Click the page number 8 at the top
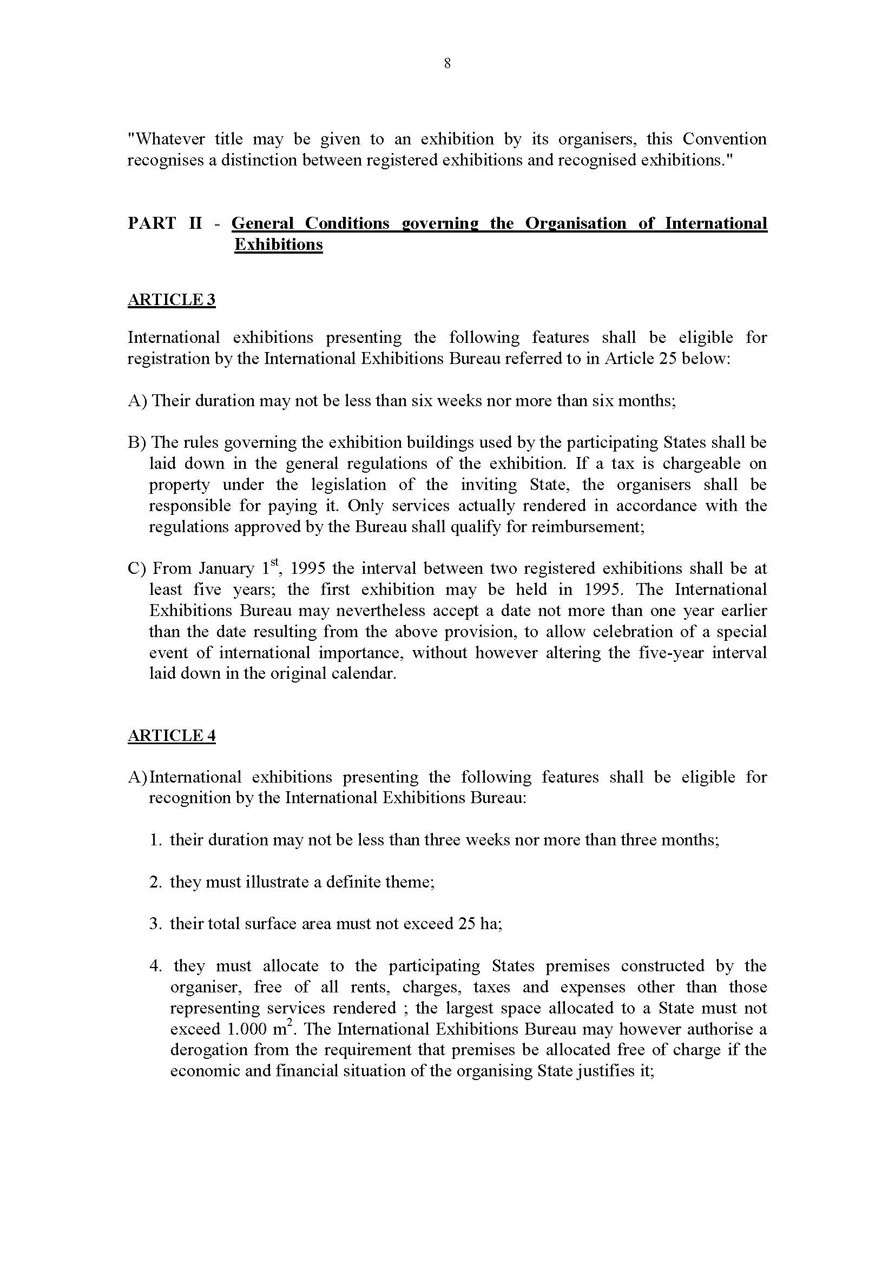coord(447,64)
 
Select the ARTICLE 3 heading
coord(172,300)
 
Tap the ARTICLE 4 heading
coord(172,736)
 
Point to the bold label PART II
coord(165,223)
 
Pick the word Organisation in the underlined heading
coord(575,223)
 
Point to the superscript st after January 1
coord(275,562)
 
